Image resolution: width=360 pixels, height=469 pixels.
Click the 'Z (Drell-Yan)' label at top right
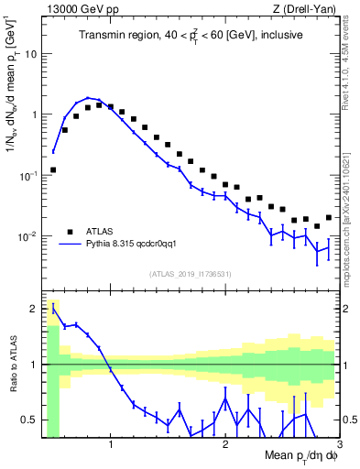(x=308, y=9)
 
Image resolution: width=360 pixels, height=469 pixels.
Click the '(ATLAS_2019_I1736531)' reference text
(x=191, y=274)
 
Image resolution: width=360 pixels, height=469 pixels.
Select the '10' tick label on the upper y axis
(x=29, y=53)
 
